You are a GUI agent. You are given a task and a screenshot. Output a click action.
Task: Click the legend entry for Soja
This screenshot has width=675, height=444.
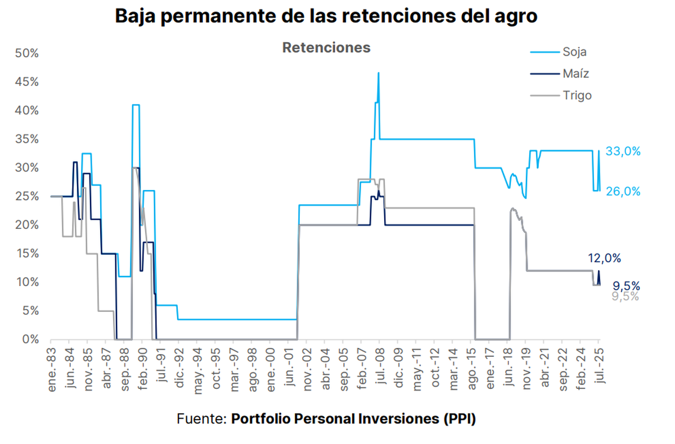[x=574, y=52]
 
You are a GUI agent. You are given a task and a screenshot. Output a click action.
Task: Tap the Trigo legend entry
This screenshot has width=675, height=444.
[x=577, y=96]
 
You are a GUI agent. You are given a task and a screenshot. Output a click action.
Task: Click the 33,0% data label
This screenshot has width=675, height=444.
[x=623, y=152]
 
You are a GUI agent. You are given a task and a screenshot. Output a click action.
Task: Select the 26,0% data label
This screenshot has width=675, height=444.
[x=623, y=191]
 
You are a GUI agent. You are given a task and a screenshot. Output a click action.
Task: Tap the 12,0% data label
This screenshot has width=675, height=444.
[x=604, y=259]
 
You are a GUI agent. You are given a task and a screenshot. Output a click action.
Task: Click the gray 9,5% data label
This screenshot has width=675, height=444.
[x=625, y=296]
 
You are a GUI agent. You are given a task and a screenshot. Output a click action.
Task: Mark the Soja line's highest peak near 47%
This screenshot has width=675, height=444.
[x=378, y=73]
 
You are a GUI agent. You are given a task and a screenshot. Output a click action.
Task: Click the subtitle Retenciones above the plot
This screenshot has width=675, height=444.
[x=326, y=48]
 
